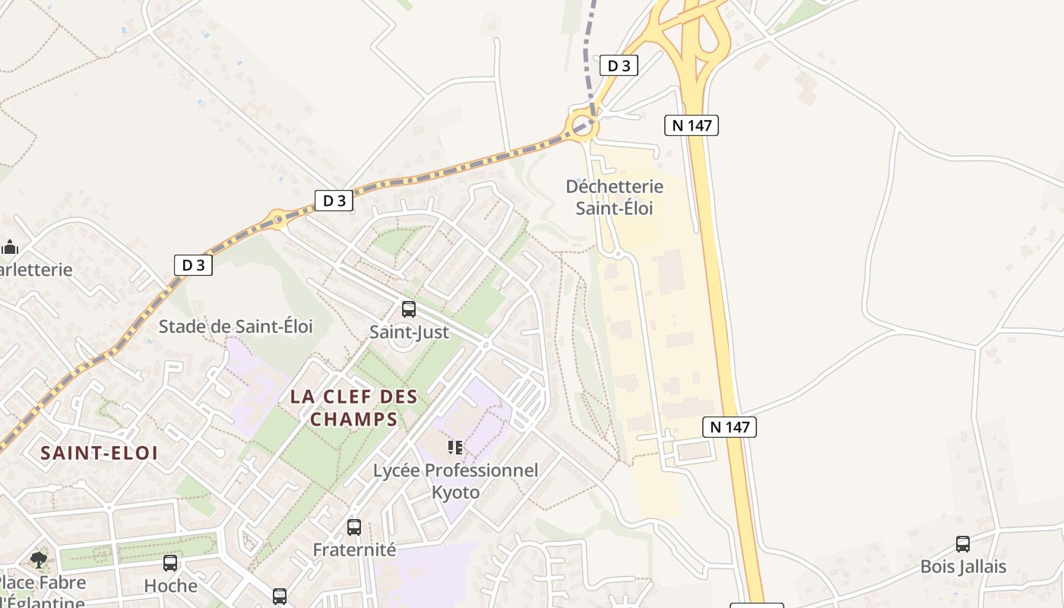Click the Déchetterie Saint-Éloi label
click(614, 197)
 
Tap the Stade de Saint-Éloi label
click(236, 327)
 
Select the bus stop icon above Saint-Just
click(409, 309)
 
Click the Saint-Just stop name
click(409, 332)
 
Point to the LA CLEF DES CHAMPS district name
click(354, 407)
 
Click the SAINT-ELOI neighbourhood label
click(99, 453)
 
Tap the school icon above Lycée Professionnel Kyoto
click(455, 448)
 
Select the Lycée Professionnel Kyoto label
click(455, 481)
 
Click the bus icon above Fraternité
click(354, 527)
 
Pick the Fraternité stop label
click(354, 549)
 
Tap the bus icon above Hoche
click(170, 563)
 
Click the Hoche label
click(170, 586)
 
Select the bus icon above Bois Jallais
click(963, 544)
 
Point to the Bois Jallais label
click(963, 567)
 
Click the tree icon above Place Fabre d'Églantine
click(39, 561)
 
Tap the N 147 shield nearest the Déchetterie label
click(691, 125)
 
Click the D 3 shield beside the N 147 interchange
click(619, 65)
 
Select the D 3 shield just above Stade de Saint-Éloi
click(193, 264)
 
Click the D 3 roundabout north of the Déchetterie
click(580, 125)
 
